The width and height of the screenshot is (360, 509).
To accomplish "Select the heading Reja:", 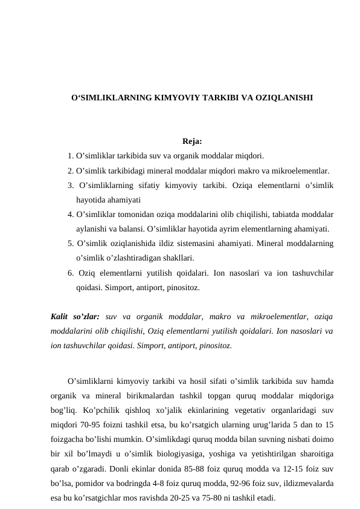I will click(x=191, y=143).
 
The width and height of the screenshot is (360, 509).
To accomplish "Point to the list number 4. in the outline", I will click(x=71, y=215).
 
